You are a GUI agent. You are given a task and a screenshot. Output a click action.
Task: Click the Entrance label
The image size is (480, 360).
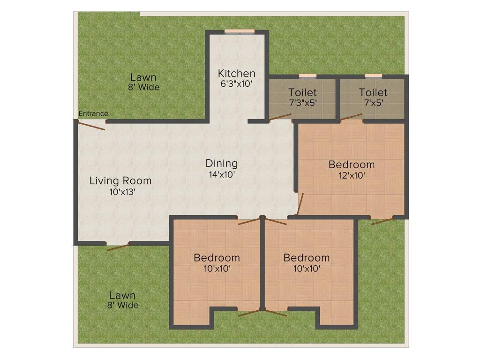click(93, 113)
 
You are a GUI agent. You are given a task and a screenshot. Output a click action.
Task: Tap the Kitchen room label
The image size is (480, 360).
click(236, 74)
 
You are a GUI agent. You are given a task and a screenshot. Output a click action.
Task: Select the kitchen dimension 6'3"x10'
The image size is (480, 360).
click(236, 83)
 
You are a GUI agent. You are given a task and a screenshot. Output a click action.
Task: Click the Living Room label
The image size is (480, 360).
click(120, 181)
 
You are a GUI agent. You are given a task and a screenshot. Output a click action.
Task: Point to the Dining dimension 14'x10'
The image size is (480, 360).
click(222, 174)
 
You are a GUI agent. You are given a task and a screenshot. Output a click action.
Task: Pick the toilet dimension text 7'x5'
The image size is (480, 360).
click(374, 103)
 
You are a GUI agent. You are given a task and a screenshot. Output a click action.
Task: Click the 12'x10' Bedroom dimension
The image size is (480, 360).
click(352, 175)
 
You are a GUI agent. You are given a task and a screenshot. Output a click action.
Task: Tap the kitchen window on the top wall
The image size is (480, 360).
click(240, 31)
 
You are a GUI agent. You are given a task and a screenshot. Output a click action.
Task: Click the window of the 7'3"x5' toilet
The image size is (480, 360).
click(307, 76)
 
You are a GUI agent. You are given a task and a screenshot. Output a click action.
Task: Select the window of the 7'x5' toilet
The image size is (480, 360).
click(374, 76)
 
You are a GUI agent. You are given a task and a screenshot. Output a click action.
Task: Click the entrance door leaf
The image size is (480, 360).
click(91, 126)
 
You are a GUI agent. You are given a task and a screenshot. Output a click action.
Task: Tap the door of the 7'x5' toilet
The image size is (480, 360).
click(351, 117)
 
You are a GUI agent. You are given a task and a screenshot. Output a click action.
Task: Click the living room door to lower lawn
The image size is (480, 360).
click(118, 247)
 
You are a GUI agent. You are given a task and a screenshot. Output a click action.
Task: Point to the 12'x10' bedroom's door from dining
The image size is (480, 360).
click(300, 204)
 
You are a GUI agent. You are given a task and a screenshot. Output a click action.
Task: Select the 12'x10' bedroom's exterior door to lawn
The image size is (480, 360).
click(382, 221)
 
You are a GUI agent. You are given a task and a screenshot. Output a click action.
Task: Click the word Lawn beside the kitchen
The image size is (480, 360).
click(143, 77)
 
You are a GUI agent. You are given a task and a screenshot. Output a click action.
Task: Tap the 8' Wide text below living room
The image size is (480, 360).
click(123, 305)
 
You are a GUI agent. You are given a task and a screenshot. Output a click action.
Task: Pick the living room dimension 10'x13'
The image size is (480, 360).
click(122, 192)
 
